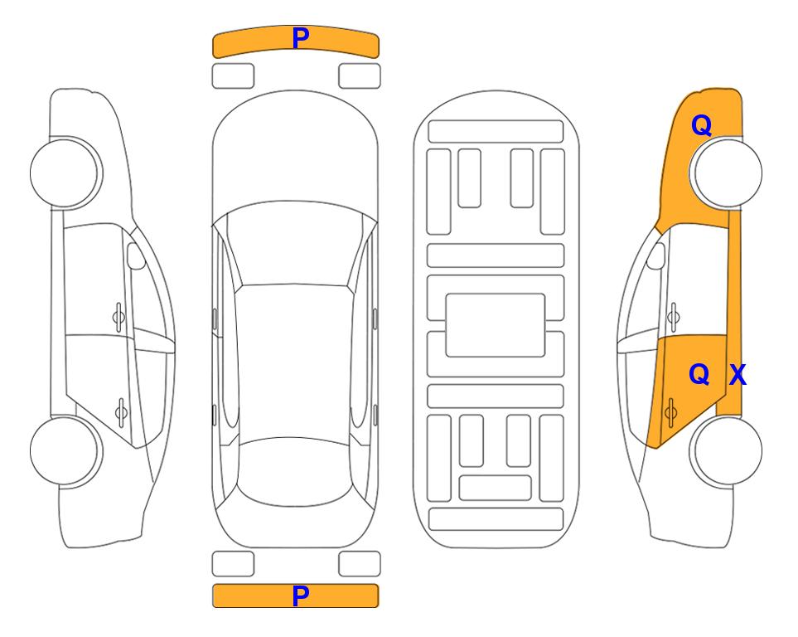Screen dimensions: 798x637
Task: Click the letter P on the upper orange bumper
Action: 301,38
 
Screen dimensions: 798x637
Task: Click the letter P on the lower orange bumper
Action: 301,596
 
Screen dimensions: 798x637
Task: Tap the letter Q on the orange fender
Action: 701,125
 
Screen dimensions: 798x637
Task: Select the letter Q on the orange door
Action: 699,375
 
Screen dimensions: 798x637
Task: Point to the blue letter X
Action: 738,375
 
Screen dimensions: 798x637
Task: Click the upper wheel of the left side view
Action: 66,173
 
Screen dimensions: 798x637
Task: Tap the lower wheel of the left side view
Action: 66,450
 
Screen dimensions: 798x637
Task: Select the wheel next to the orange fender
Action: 726,173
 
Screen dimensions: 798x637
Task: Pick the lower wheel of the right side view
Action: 726,450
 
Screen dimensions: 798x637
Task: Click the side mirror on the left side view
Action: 135,255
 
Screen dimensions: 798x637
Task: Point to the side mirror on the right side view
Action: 656,255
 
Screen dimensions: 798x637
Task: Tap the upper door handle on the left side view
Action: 118,318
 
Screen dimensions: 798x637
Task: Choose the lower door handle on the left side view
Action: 121,411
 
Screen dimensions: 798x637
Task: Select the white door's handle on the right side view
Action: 674,318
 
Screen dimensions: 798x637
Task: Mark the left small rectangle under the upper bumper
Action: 233,76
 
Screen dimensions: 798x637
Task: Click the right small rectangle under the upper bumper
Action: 360,76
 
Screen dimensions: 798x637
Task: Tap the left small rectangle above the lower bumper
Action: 233,564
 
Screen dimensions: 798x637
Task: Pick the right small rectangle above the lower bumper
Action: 360,564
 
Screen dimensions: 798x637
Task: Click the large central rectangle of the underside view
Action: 496,325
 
